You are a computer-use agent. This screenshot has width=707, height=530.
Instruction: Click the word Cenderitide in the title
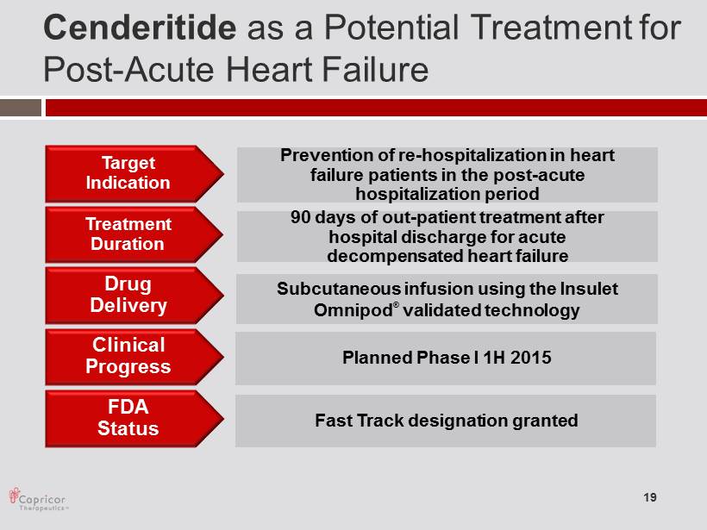140,28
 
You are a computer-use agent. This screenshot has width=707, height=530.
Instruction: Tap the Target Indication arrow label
134,173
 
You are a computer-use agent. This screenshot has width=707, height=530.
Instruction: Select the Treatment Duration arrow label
134,234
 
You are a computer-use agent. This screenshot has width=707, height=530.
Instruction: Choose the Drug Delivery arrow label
134,296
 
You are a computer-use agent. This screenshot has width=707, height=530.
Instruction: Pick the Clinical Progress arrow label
134,357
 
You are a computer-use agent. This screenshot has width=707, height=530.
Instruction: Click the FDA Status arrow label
134,418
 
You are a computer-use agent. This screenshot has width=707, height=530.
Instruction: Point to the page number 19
650,497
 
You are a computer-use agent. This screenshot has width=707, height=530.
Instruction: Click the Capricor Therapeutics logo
38,499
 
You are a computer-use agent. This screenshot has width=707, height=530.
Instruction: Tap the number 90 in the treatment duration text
300,217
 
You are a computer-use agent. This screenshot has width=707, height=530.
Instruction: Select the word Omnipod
353,310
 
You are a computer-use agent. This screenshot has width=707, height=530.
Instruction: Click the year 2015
531,358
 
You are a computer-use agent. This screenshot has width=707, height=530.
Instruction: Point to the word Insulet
589,289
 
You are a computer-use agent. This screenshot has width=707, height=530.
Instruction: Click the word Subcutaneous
338,289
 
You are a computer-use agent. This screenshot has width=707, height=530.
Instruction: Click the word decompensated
395,256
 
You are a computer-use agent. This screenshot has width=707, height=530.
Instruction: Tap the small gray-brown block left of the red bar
21,108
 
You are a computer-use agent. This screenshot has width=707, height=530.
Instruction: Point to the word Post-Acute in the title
129,70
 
